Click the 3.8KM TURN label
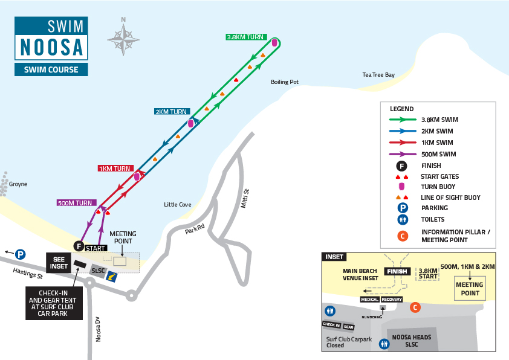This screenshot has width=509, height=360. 247,37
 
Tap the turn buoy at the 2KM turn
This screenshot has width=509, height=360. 190,123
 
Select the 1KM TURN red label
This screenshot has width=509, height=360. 115,169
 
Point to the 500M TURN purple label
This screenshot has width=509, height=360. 76,203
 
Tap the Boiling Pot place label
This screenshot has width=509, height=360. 285,82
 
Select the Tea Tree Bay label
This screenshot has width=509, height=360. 378,74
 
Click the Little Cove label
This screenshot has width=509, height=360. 178,205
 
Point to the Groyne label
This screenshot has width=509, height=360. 18,184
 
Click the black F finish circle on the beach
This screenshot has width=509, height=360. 79,246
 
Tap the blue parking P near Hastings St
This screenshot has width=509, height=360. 20,254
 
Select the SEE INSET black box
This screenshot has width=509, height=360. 59,263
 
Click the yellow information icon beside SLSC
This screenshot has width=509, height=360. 112,277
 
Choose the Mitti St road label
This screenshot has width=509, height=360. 245,199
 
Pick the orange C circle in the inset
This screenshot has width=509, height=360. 415,307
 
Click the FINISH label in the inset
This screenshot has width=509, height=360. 397,271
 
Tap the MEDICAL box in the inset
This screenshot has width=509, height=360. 370,300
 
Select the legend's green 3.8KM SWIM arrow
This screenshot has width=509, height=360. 403,120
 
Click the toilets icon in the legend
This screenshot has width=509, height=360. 403,220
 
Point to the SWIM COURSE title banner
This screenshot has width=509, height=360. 51,69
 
